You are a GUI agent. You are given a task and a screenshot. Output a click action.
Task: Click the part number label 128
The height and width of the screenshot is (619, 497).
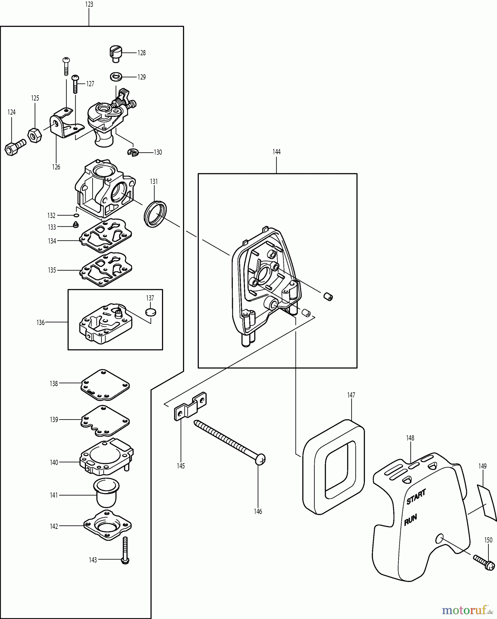coord(142,53)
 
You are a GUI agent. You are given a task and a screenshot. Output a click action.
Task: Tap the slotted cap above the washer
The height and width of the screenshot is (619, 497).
coord(116,53)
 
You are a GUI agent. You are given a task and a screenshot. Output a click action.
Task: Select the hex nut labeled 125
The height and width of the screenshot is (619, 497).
coord(34,135)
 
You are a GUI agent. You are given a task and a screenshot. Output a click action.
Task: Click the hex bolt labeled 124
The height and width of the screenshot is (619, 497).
coord(15,147)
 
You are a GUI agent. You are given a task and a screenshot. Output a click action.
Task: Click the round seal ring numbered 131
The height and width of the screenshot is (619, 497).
coord(155,214)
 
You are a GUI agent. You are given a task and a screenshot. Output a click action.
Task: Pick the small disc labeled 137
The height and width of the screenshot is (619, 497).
coord(150,312)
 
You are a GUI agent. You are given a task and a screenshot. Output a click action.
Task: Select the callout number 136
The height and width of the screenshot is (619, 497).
coord(41,323)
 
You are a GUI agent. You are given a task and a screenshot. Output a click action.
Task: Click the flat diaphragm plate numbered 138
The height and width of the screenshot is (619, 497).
coord(105,385)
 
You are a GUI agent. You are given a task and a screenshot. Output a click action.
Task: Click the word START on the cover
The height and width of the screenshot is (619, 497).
coord(416,497)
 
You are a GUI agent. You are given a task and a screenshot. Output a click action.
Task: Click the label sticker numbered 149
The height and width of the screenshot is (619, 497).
coord(487,502)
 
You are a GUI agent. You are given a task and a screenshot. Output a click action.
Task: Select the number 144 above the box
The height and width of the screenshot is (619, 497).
coord(277,152)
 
